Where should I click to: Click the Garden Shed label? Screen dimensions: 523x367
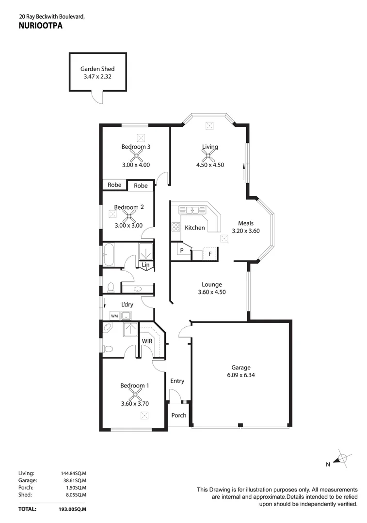(97, 69)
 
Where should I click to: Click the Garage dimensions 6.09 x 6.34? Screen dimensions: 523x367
(241, 375)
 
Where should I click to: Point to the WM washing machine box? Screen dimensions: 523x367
(114, 316)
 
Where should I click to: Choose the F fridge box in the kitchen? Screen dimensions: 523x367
(210, 253)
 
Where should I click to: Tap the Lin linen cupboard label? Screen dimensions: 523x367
(145, 264)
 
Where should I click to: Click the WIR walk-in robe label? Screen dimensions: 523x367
(147, 341)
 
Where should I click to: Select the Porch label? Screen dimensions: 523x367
(179, 415)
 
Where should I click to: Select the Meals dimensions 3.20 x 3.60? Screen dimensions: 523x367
(246, 231)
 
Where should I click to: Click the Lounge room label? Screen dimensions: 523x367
(212, 284)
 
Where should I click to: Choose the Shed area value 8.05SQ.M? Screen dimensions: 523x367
(72, 495)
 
